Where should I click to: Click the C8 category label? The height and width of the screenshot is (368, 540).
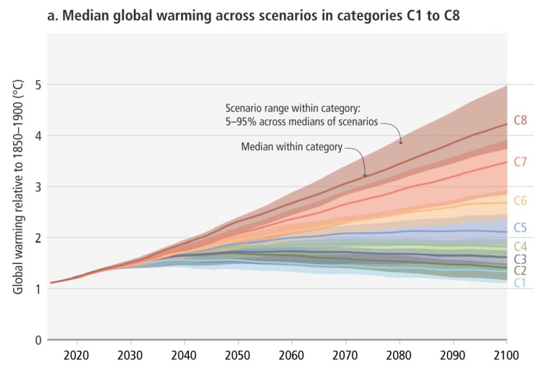point(520,120)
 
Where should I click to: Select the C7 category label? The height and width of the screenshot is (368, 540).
point(520,162)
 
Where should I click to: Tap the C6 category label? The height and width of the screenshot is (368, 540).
point(520,201)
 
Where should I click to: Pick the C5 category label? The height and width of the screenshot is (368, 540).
point(520,228)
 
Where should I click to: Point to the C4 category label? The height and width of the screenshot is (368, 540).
point(520,246)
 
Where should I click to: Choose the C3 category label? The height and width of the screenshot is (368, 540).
point(520,259)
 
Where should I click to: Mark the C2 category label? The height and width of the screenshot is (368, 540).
point(520,271)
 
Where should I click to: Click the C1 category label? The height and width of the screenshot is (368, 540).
point(520,283)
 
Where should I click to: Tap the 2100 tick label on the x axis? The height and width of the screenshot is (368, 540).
point(506,353)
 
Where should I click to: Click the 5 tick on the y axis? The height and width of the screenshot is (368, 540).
point(38,84)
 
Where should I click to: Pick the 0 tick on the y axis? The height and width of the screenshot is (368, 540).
point(38,340)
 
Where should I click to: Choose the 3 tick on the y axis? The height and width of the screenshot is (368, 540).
point(38,186)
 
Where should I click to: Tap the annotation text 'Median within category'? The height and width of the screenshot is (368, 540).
point(292,147)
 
